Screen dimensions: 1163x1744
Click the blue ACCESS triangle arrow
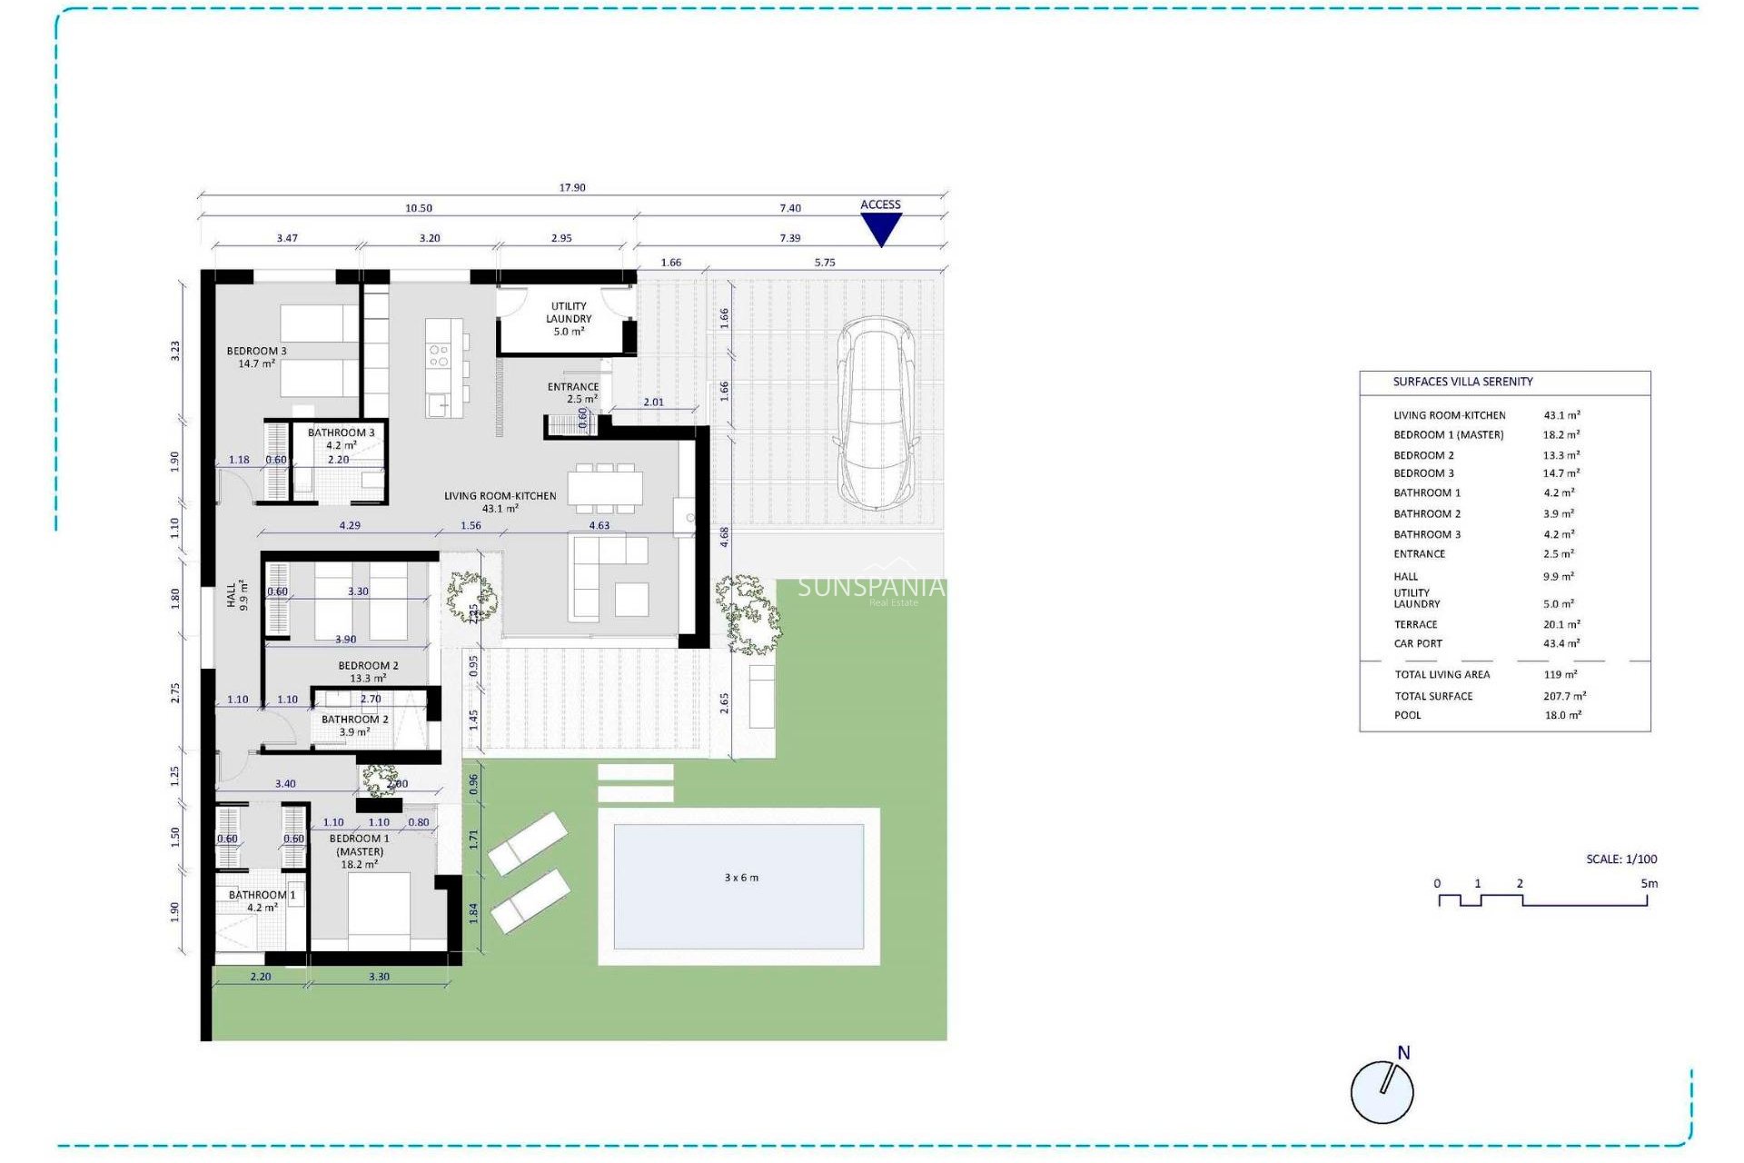pos(880,227)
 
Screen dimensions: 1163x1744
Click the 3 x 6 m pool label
pos(741,878)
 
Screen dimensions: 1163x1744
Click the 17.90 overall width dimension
pos(572,188)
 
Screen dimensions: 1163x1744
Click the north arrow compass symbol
pos(1382,1090)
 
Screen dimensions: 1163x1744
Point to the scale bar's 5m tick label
pos(1649,883)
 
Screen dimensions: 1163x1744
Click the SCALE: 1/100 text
pos(1621,859)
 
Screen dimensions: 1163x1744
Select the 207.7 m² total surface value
pos(1564,696)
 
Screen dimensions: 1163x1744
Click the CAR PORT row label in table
pos(1418,643)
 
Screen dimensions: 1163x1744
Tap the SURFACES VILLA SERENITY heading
pos(1462,382)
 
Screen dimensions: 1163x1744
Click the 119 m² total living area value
pos(1560,674)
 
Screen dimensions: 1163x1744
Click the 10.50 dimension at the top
pos(419,208)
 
